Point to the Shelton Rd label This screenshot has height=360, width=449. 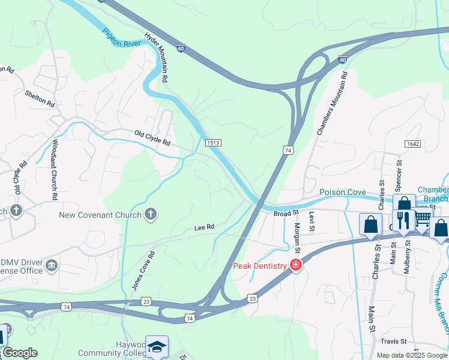pos(40,99)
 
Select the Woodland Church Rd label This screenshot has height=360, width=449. pos(54,170)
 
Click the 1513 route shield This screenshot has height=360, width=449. pos(213,142)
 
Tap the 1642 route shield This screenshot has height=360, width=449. pos(412,144)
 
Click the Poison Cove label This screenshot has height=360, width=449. pos(343,192)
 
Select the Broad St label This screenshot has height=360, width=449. pos(286,213)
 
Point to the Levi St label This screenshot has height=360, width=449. pos(312,219)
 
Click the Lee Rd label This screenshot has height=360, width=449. pos(204,228)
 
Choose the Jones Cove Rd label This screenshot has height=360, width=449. pos(143,271)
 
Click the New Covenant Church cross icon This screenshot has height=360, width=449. pos(151,214)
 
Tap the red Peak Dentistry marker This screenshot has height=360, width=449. pos(295,265)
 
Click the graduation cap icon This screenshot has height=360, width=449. pos(157,346)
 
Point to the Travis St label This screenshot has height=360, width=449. pos(394,341)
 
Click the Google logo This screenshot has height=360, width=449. pos(19,353)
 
